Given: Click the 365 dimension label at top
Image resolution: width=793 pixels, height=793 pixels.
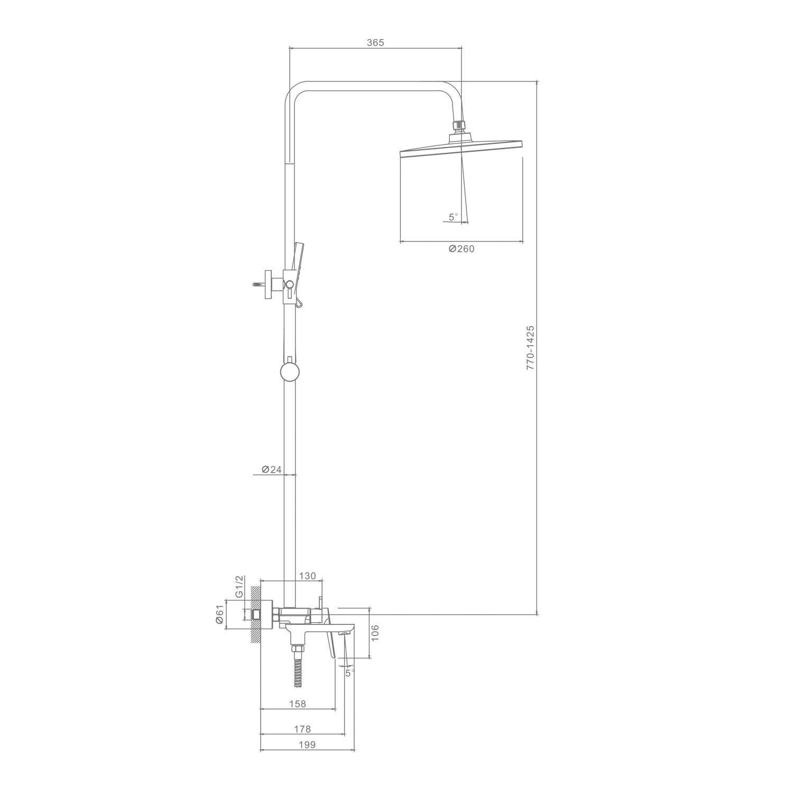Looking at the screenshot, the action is [x=375, y=43].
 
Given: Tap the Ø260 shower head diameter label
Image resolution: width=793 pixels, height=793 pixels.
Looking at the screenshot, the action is [x=462, y=249].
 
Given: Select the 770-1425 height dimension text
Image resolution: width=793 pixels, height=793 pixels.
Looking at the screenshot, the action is [x=530, y=347].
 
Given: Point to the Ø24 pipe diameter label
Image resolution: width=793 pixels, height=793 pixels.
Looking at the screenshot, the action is [x=272, y=469].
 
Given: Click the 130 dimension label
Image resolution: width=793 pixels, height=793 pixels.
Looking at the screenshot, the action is [x=307, y=576].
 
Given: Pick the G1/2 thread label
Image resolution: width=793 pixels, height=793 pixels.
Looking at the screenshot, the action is [x=239, y=586].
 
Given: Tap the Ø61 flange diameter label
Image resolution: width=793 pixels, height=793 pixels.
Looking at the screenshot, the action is [x=220, y=615].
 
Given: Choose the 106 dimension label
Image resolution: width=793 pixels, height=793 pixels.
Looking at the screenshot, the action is [x=375, y=633].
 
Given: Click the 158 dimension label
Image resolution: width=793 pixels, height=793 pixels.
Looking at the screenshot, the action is [x=298, y=704].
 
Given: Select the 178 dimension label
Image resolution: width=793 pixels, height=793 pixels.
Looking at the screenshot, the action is [x=302, y=730].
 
